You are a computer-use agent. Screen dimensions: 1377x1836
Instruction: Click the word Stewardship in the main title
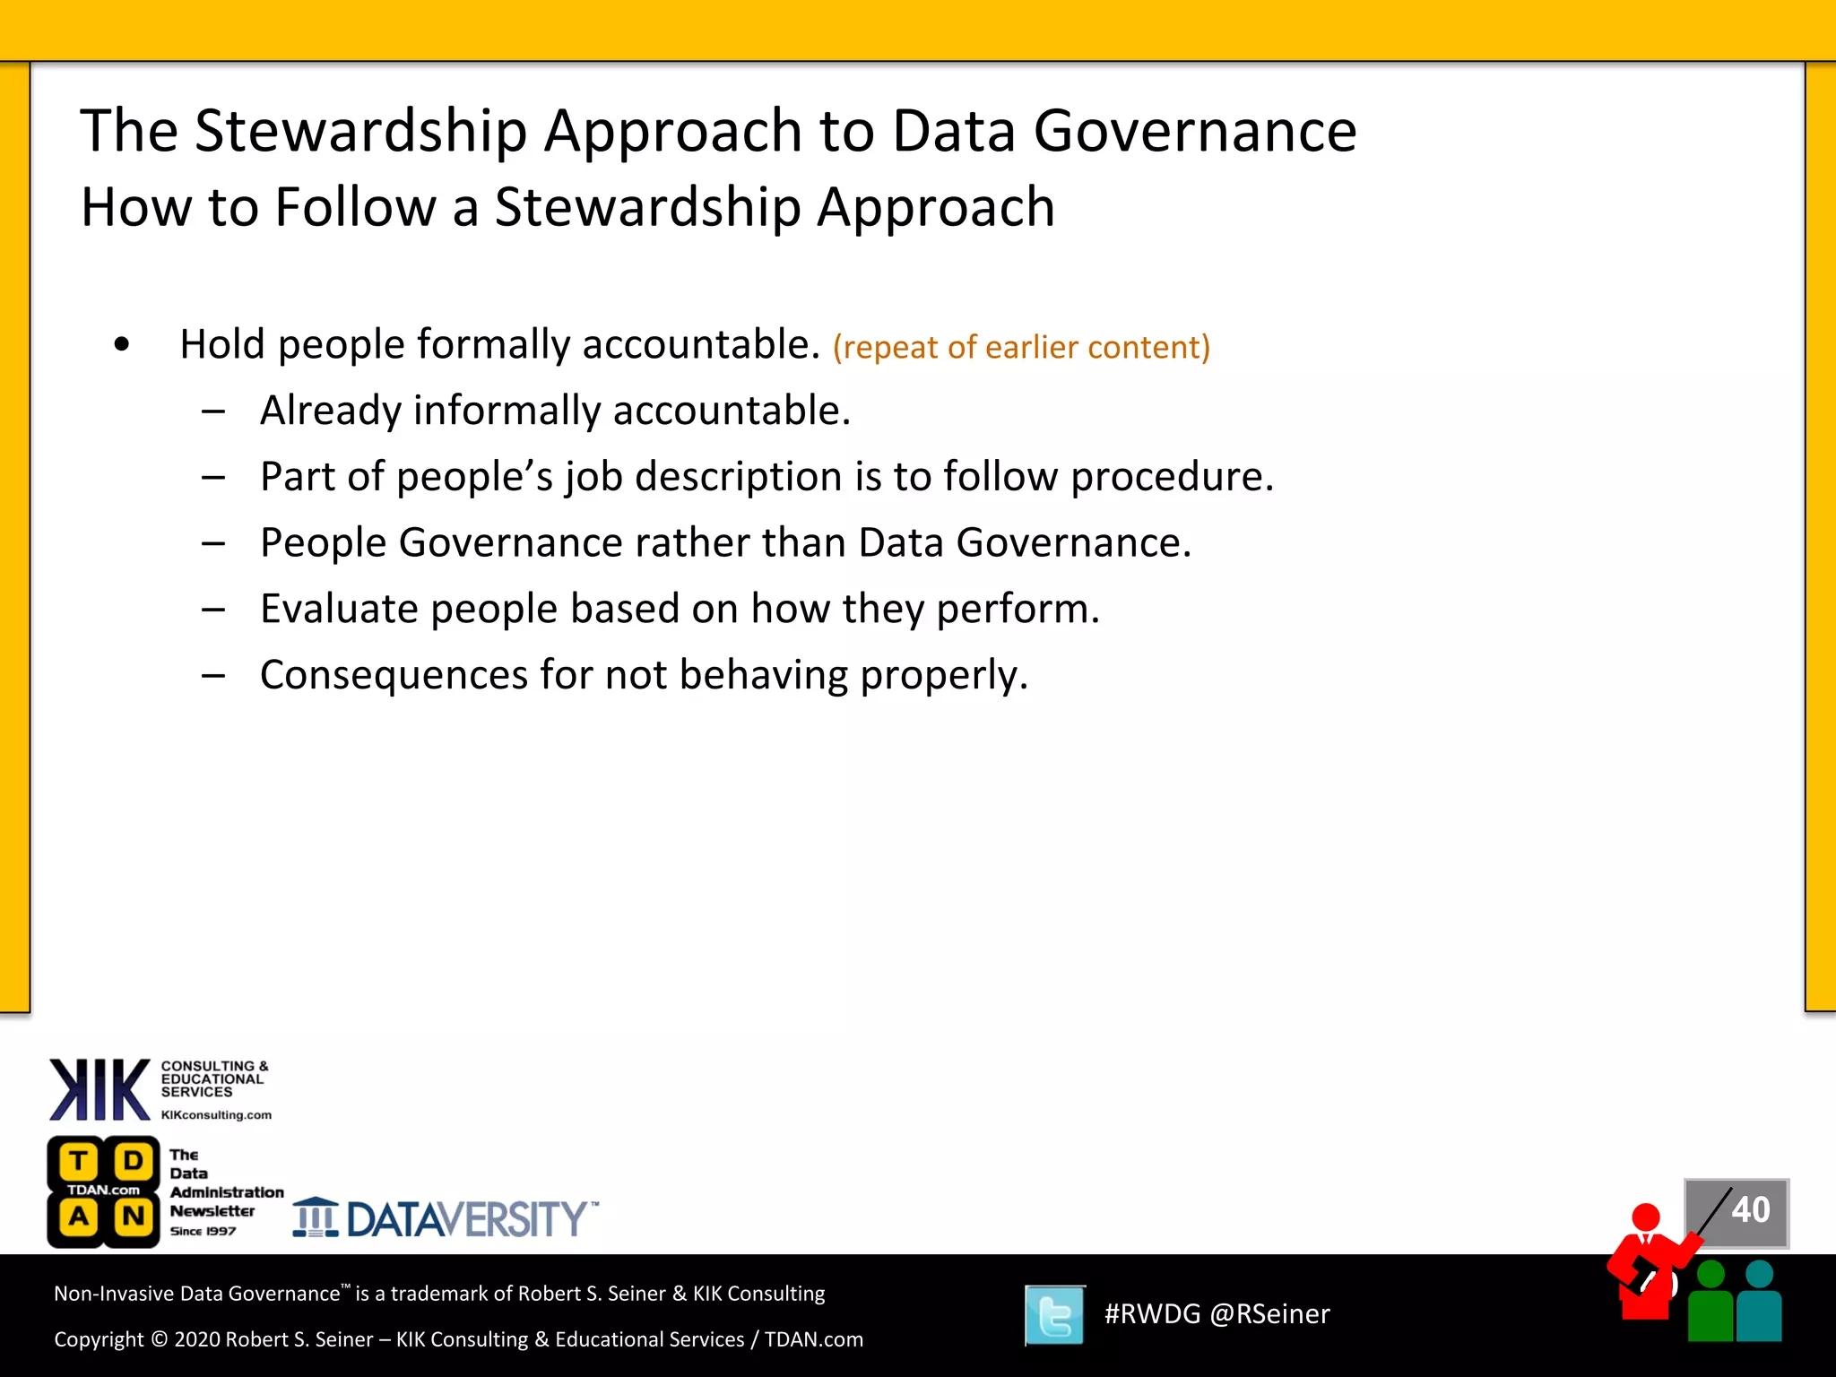tap(360, 132)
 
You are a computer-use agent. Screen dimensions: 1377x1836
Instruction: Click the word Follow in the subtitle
tap(356, 207)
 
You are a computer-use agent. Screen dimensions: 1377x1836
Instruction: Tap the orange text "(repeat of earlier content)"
tap(1021, 347)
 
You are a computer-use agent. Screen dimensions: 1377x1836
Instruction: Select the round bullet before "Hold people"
tap(122, 344)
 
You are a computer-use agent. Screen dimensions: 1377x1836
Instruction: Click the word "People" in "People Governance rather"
tap(323, 542)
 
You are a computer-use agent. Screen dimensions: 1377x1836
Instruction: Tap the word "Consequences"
tap(394, 675)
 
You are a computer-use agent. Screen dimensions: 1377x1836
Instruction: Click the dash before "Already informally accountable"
tap(213, 411)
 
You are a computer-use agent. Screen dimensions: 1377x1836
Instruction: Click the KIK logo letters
tap(100, 1089)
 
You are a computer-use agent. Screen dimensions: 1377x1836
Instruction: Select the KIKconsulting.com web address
tap(216, 1115)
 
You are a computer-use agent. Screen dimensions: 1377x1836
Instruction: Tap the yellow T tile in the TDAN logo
tap(79, 1162)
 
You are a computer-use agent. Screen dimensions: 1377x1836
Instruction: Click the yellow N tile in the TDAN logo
tap(134, 1217)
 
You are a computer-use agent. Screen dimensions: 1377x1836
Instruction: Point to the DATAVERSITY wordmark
tap(467, 1219)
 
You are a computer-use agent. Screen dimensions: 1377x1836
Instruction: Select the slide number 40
tap(1750, 1210)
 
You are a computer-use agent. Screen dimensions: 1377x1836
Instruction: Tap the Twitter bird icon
tap(1054, 1315)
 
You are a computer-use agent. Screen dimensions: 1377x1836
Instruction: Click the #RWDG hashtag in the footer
tap(1152, 1314)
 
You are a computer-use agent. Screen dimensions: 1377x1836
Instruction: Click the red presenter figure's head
tap(1646, 1217)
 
